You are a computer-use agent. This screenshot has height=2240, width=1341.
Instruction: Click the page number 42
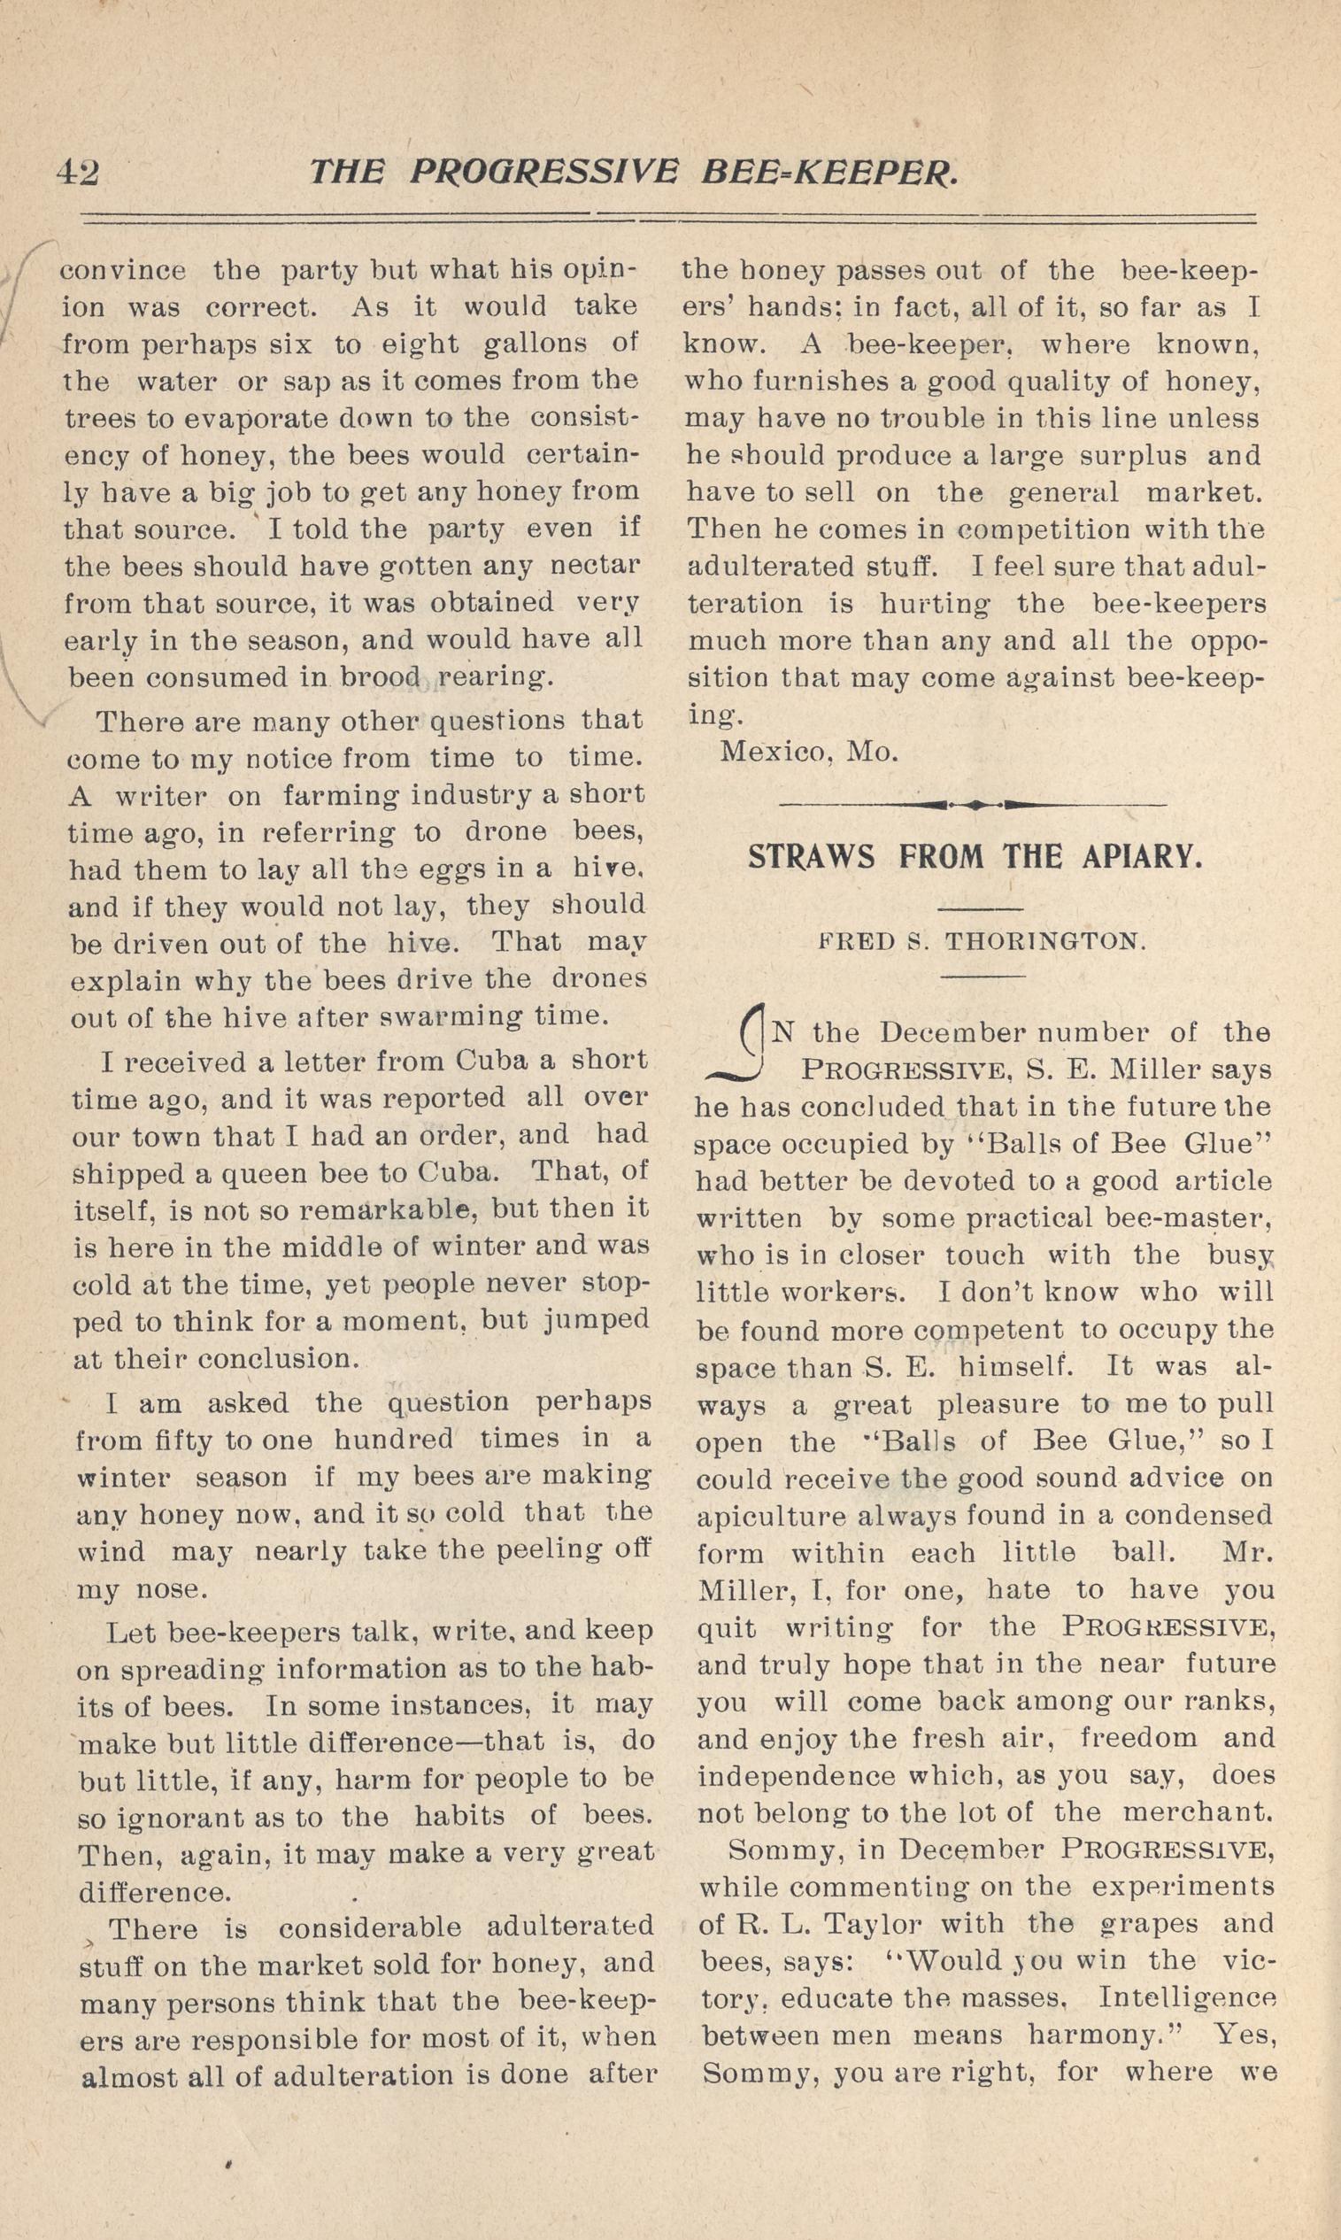point(78,172)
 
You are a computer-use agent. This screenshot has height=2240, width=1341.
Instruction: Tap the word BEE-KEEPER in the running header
point(828,172)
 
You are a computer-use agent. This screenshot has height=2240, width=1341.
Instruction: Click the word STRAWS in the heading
point(811,855)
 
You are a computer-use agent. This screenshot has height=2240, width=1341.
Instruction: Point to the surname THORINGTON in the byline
point(1044,941)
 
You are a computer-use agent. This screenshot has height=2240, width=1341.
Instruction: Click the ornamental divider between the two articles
point(972,803)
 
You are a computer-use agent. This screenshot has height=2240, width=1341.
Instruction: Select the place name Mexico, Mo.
point(808,753)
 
